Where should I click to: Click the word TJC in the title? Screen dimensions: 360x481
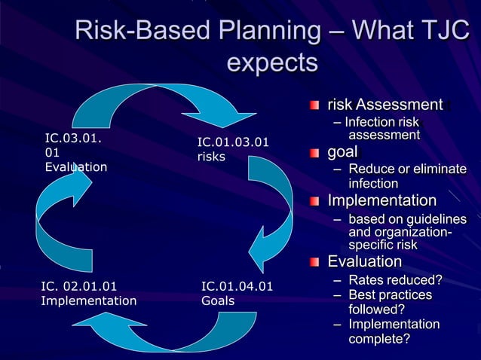437,32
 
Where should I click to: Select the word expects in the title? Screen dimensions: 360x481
272,62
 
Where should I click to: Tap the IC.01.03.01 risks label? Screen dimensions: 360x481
232,149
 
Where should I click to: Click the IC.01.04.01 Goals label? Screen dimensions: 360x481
237,293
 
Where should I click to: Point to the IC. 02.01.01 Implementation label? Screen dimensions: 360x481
88,293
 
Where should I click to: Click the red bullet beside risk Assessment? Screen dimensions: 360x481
314,105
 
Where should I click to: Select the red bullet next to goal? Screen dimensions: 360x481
314,154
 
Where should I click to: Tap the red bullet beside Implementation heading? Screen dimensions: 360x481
314,201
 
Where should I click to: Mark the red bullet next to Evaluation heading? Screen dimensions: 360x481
314,262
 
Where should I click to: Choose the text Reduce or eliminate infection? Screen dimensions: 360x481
406,176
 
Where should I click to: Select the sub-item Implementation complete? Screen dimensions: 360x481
393,331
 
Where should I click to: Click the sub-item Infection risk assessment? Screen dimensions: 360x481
381,128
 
